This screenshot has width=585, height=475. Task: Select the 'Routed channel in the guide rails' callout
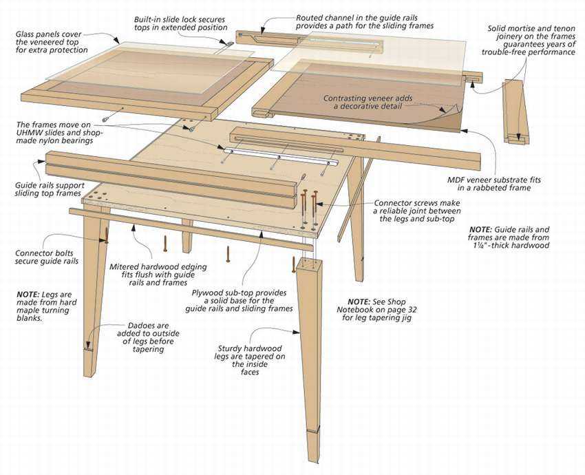point(364,21)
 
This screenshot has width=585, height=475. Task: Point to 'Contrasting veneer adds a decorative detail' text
point(368,103)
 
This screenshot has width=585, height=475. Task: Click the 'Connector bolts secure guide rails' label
point(47,257)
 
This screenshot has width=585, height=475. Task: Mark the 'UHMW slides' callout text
point(62,132)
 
